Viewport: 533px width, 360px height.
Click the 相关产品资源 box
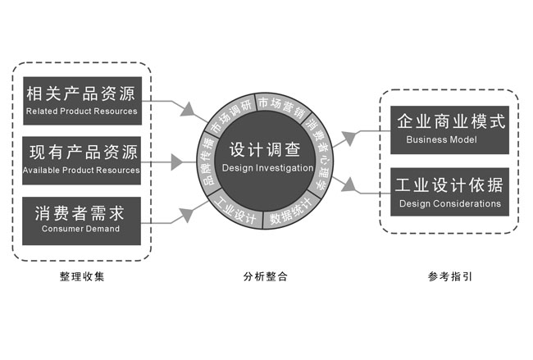point(81,98)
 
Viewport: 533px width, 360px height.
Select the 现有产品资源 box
point(81,159)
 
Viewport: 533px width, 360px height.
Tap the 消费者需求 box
point(81,219)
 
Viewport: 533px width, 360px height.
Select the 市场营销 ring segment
point(280,104)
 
